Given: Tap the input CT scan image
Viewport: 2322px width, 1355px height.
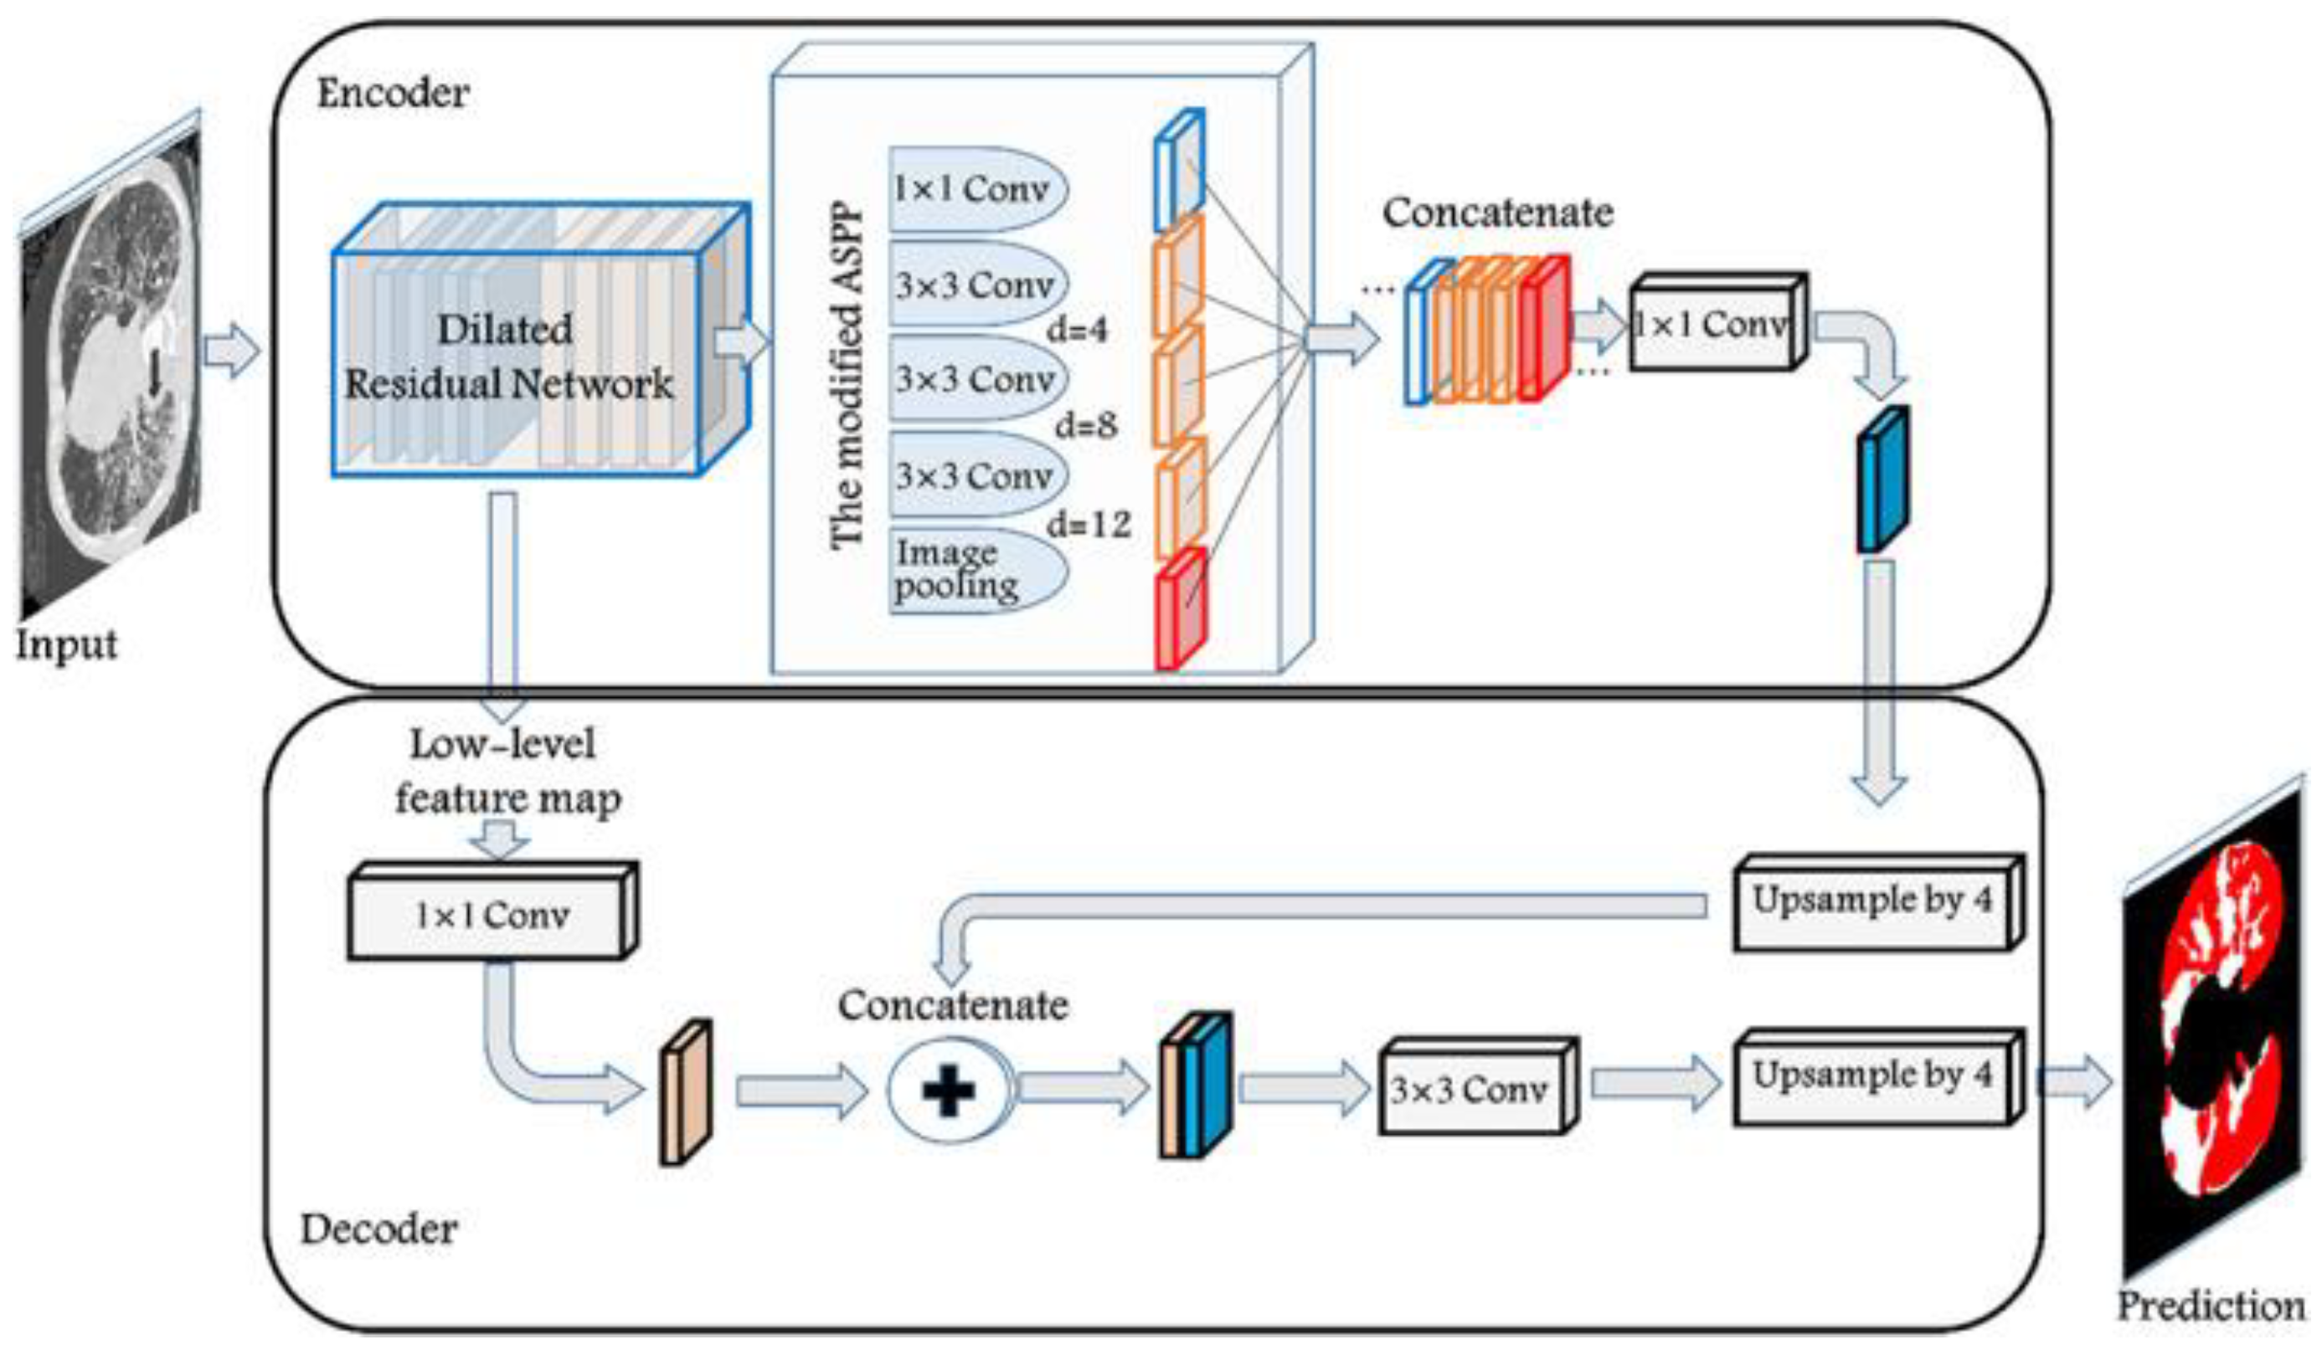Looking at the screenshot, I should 111,368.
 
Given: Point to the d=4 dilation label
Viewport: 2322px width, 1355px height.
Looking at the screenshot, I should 1076,329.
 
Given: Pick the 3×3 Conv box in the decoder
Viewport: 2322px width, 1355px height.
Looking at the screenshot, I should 1471,1091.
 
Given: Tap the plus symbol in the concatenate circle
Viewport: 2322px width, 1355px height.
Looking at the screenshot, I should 948,1091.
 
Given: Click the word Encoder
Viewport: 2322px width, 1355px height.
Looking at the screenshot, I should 393,93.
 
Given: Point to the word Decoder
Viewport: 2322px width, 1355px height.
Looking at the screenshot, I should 378,1229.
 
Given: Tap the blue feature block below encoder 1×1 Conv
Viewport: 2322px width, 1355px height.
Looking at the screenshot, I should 1882,479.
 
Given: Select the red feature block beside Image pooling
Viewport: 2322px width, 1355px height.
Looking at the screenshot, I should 1180,608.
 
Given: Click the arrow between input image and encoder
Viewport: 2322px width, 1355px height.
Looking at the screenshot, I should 230,351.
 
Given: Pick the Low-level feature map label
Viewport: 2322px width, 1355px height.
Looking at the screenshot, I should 507,771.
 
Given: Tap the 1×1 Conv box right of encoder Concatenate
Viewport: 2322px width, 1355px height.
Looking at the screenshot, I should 1712,324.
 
